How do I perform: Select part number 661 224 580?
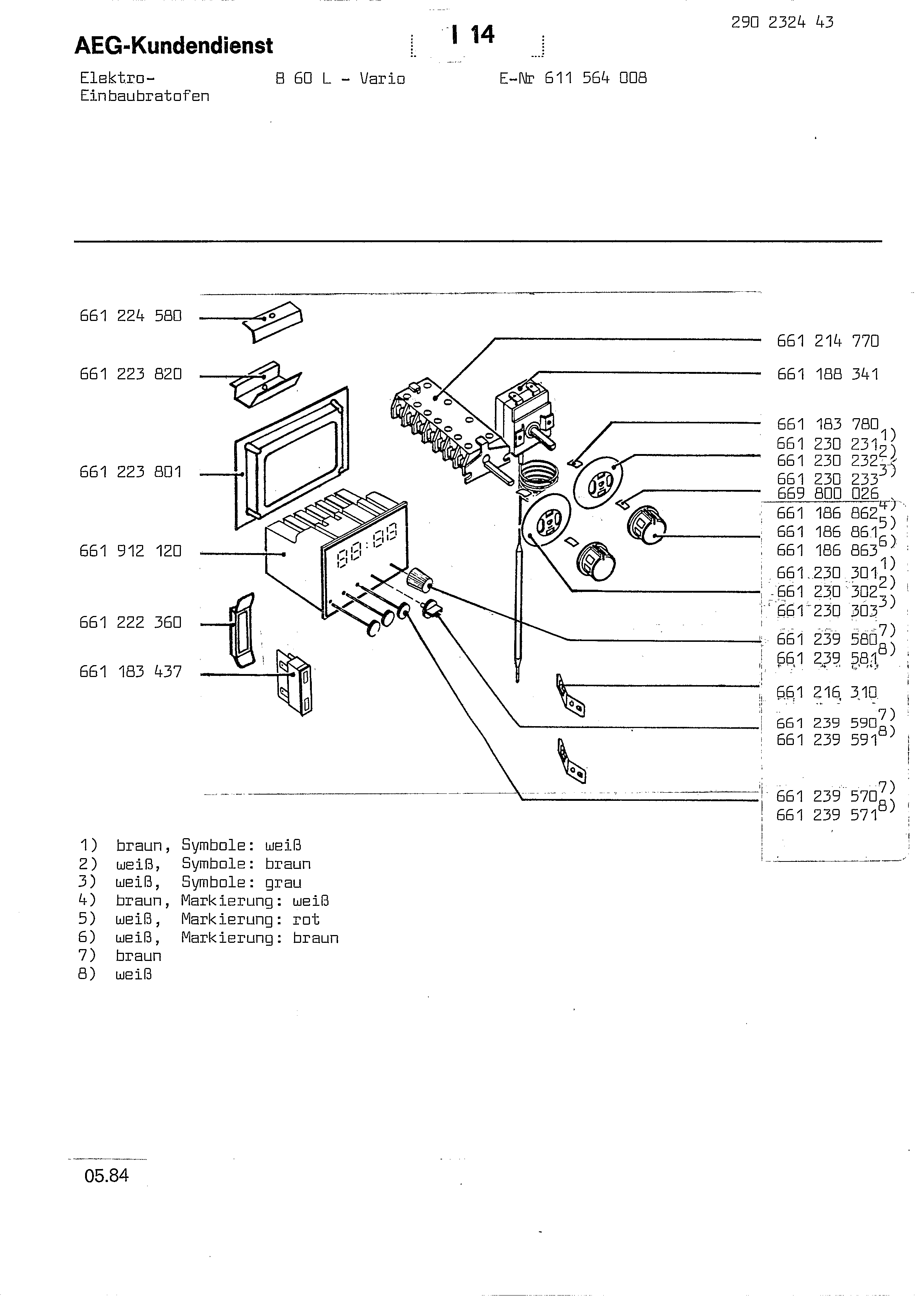[131, 316]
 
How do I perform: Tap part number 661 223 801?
[131, 472]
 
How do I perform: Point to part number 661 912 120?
[131, 551]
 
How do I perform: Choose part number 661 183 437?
[131, 672]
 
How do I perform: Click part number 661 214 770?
[828, 341]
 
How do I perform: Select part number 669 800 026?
[828, 494]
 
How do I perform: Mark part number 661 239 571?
[827, 815]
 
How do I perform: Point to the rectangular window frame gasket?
[291, 458]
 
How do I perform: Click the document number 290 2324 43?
[782, 23]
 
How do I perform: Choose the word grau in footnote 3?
[283, 883]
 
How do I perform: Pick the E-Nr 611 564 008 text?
[573, 78]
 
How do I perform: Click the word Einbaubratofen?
[145, 96]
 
